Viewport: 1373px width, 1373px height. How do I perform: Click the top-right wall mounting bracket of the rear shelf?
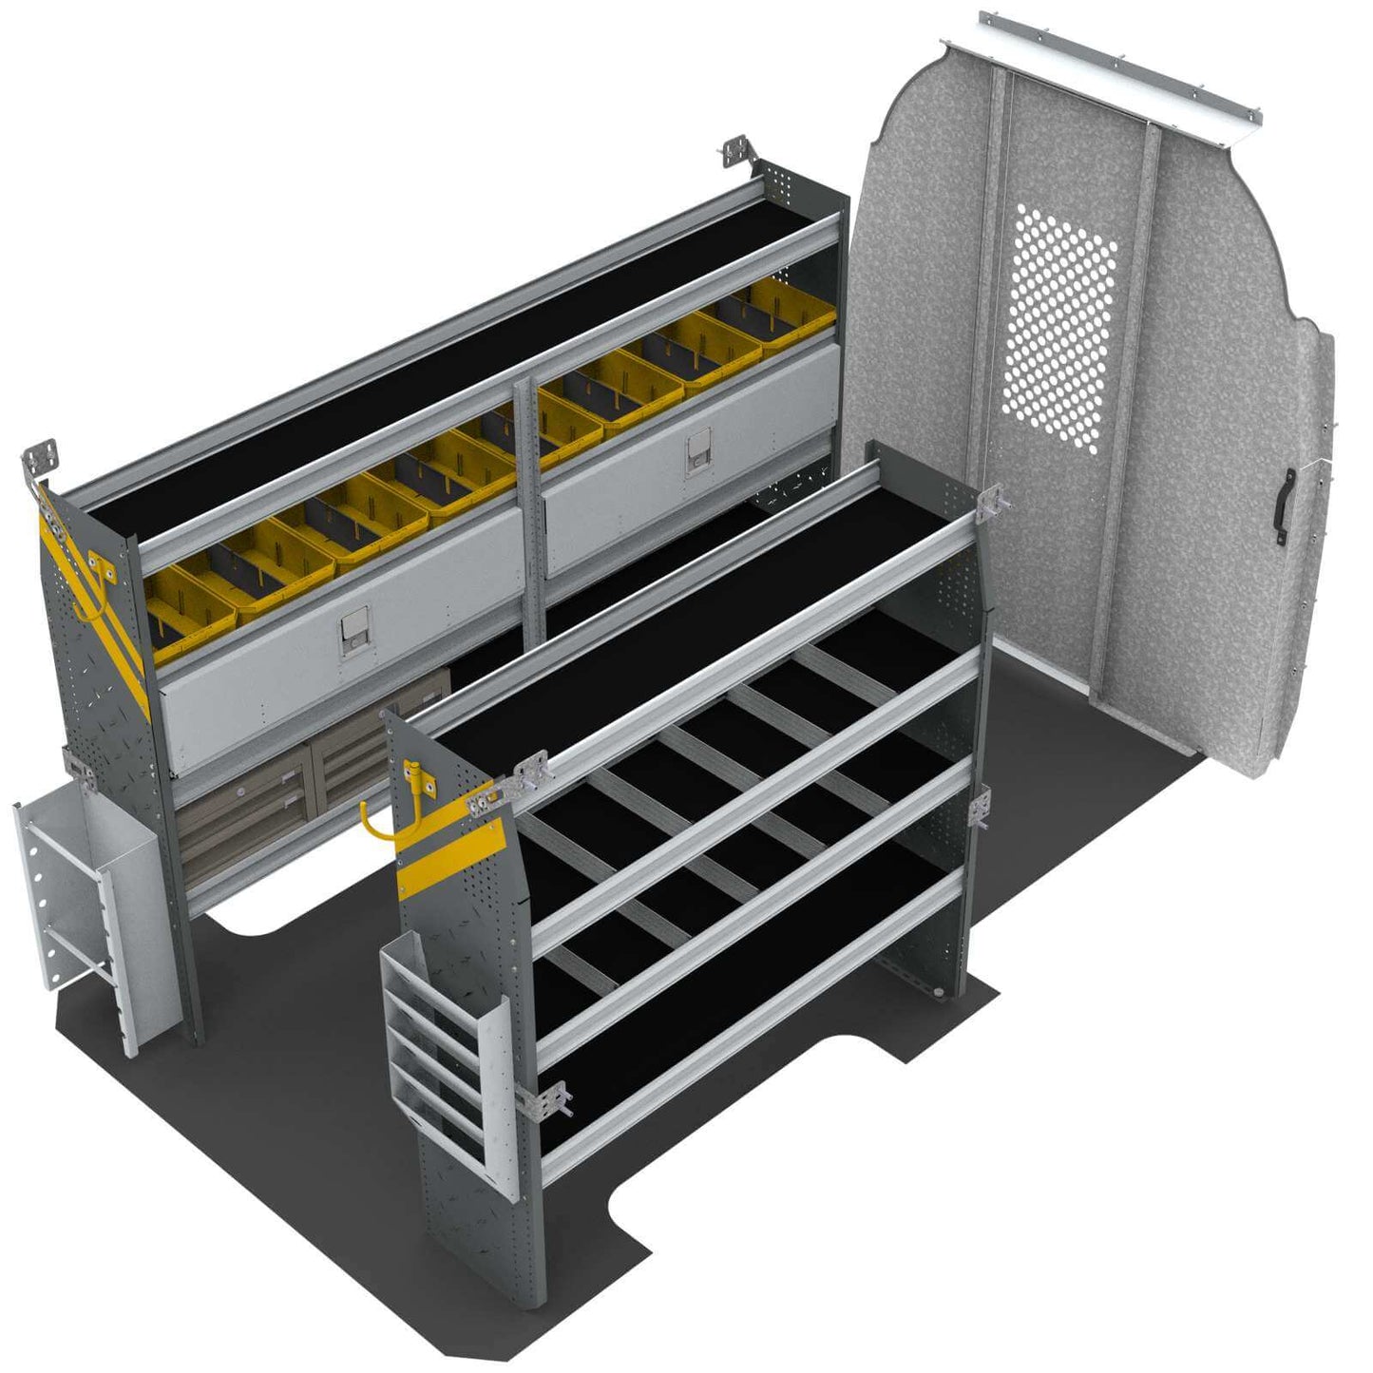[x=736, y=152]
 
